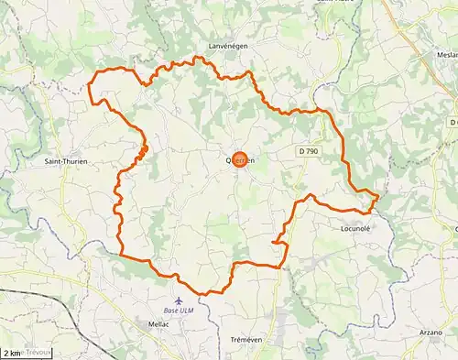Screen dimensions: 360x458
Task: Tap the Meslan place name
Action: [x=446, y=55]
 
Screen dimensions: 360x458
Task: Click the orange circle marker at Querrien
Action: [x=240, y=159]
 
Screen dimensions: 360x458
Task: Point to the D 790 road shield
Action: [x=309, y=149]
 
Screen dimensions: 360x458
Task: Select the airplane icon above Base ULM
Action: [x=179, y=300]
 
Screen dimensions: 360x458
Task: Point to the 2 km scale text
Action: [x=12, y=353]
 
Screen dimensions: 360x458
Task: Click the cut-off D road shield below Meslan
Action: [x=453, y=122]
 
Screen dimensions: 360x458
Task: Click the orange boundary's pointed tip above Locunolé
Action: [x=377, y=195]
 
